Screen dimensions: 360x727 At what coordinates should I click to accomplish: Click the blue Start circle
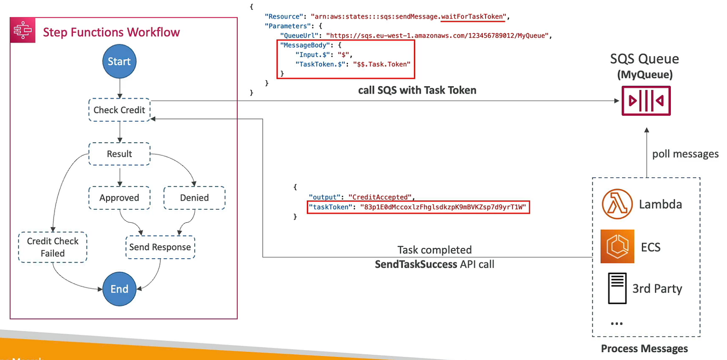[119, 61]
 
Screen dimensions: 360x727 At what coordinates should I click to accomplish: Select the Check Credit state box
[119, 110]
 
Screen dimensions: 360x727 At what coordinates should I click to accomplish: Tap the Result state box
[119, 154]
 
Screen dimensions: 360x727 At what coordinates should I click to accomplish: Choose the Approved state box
[119, 198]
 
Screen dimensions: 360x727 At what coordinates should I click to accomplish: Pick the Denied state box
[194, 198]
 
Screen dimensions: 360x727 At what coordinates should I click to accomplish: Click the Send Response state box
[160, 247]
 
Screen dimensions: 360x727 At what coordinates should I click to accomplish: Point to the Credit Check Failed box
[52, 247]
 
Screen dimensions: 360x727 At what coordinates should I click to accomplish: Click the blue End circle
[119, 289]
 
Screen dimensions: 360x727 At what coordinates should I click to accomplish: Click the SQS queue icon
[647, 101]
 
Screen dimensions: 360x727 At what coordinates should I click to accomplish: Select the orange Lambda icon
[617, 204]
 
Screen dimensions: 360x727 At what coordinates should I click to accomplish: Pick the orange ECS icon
[617, 246]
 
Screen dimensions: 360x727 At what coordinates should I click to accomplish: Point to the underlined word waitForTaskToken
[473, 17]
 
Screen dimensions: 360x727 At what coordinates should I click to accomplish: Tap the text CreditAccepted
[381, 197]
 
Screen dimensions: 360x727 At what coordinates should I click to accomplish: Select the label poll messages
[685, 154]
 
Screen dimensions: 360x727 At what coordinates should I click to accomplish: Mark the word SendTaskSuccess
[416, 264]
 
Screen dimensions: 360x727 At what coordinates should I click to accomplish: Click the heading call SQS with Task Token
[417, 90]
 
